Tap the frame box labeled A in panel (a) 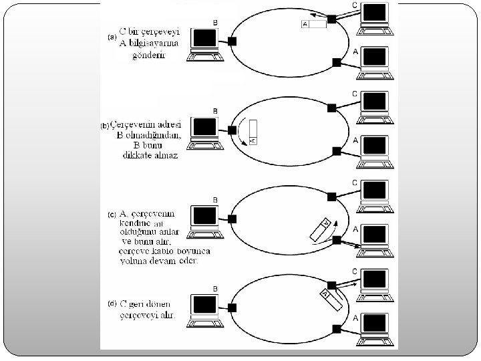pos(314,24)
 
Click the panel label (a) pos(112,37)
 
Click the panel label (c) pos(112,215)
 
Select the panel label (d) pos(112,303)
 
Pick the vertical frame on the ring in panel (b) pos(252,132)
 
